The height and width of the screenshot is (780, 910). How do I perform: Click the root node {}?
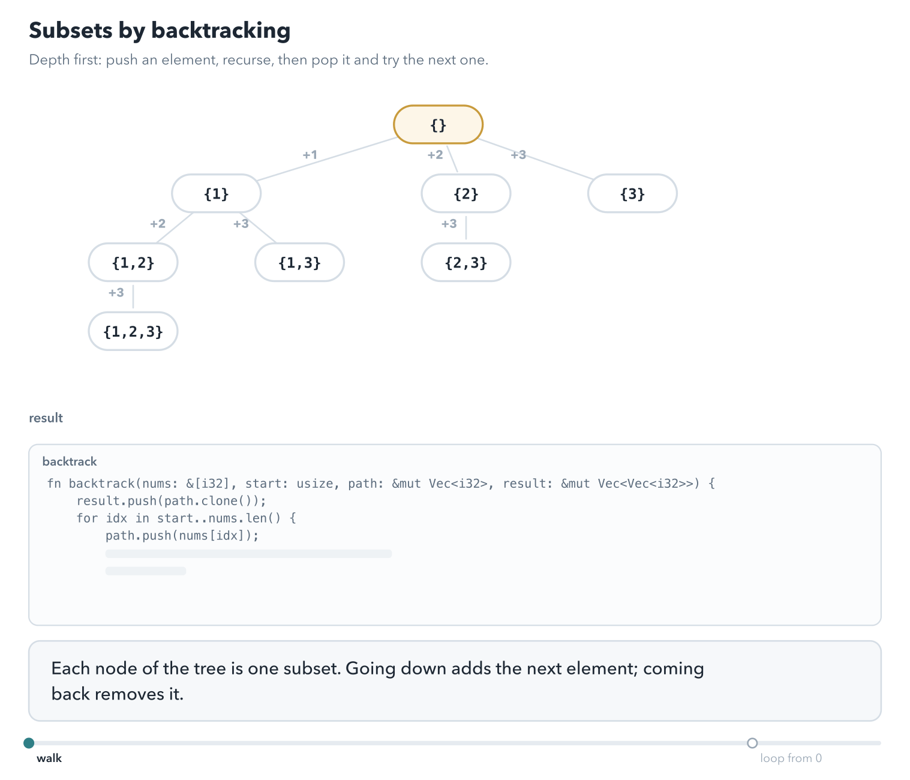pos(438,125)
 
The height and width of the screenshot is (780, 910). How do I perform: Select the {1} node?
pos(216,193)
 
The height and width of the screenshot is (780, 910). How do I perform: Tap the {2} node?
pos(465,193)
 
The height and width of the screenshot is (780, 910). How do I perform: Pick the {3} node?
pos(632,193)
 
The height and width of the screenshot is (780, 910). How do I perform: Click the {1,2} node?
pos(133,262)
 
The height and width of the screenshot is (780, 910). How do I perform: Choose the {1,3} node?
pos(299,262)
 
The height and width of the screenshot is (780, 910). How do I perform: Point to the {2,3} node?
pos(465,262)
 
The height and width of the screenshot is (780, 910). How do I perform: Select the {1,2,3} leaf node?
pos(133,331)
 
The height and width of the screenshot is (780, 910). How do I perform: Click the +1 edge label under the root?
pos(310,155)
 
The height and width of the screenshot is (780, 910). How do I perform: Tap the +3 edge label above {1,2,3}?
pos(116,292)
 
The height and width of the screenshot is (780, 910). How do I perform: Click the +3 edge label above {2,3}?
pos(449,224)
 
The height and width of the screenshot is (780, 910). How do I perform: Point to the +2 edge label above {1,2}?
pos(158,224)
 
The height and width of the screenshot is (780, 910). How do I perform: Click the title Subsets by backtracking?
pos(160,31)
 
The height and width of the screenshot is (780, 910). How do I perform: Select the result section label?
pos(46,418)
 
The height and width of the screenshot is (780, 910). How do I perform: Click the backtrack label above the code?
pos(70,461)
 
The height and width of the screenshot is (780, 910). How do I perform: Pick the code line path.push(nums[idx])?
pos(182,536)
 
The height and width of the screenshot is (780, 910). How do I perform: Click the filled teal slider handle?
pos(29,743)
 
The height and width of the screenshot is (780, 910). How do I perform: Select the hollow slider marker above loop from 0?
pos(752,743)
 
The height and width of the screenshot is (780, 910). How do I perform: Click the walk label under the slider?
pos(49,758)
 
